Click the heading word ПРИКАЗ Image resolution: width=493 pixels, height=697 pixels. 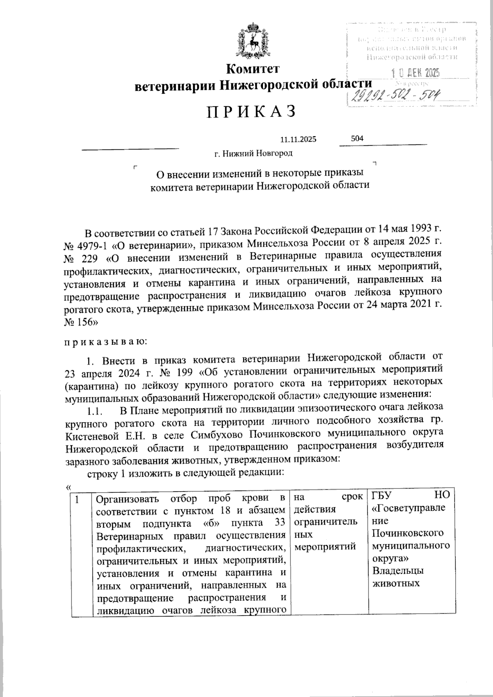click(x=251, y=112)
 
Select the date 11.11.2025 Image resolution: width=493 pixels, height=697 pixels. click(x=298, y=140)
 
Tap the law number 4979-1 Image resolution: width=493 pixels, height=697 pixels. click(x=92, y=245)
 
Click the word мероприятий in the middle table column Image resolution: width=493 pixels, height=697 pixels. click(x=325, y=547)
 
